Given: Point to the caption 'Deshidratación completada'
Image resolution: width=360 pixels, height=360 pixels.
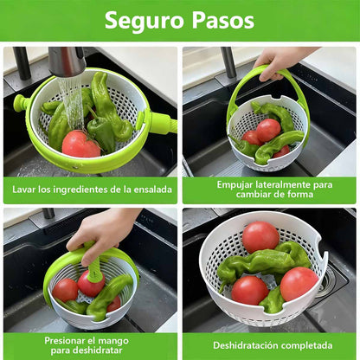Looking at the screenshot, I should click(269, 344).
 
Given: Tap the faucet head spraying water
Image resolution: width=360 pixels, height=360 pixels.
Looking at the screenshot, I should click(67, 62).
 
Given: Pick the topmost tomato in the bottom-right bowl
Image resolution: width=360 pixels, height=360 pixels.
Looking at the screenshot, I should click(260, 236).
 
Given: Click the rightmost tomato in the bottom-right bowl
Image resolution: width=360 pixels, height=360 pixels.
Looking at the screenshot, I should click(299, 283).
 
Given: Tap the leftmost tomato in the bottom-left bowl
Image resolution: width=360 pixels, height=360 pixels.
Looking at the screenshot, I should click(65, 289).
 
